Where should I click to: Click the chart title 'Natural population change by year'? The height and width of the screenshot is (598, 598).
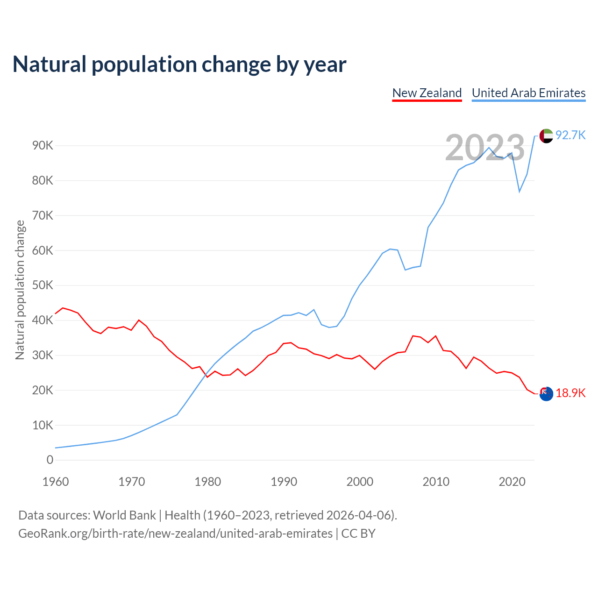pos(179,64)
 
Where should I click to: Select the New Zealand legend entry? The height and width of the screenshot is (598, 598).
pos(427,93)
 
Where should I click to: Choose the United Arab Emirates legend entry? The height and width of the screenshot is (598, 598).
pos(528,93)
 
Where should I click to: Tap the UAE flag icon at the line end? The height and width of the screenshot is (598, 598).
pos(546,136)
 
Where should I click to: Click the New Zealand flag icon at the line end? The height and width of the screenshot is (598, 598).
pos(546,393)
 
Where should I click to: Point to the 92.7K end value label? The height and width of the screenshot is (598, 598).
pos(570,135)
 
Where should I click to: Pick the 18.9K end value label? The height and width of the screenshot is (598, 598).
pos(570,393)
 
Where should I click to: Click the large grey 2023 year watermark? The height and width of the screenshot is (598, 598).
pos(485,148)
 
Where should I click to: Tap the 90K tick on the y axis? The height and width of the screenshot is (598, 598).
pos(43,146)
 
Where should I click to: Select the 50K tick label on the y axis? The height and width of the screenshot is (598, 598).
pos(43,285)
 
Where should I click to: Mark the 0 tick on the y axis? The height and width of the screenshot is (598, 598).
pos(50,460)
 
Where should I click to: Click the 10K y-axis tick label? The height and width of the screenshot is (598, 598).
pos(43,425)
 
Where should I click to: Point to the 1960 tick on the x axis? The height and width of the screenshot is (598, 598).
pos(56,482)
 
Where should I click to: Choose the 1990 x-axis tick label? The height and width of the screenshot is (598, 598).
pos(284,482)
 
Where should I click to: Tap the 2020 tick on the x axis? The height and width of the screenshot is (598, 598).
pos(512,482)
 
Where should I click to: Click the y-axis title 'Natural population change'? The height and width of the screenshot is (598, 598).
pos(20,290)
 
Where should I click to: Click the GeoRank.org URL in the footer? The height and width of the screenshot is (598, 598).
pos(175,534)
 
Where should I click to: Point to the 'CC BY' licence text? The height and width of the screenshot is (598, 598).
pos(358,534)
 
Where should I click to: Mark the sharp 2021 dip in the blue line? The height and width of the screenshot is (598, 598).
pos(520,192)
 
